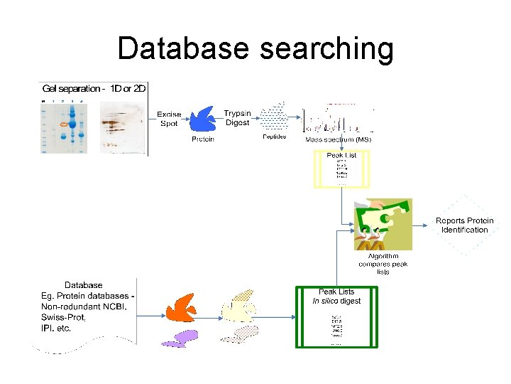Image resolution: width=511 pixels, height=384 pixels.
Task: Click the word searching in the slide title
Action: pos(326,49)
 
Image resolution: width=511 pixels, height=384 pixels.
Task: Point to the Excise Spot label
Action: pos(169,118)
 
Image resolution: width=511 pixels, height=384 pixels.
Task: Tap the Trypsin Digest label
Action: pos(237,117)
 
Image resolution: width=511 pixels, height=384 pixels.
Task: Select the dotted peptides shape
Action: pos(273,117)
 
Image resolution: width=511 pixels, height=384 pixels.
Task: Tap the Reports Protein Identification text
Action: pos(464,225)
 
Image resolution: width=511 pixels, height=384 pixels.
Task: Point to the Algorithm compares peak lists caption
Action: pos(383,264)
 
